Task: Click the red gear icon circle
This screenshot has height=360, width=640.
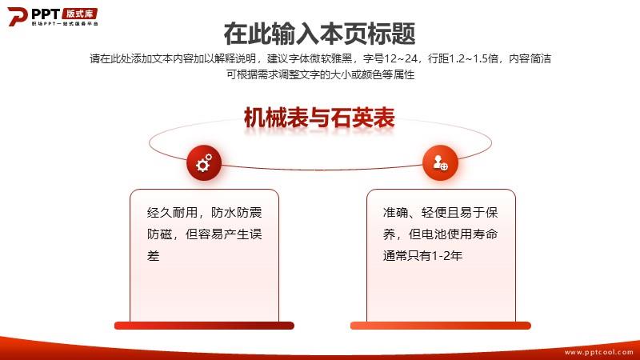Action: (204, 163)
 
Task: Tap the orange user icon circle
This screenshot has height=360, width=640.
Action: (440, 163)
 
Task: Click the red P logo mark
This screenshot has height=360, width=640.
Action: (17, 16)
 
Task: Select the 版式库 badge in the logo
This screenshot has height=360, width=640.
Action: (80, 14)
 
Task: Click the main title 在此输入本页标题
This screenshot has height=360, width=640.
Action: (319, 34)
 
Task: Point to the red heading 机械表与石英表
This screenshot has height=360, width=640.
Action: (319, 118)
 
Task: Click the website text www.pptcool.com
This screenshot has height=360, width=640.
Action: (598, 352)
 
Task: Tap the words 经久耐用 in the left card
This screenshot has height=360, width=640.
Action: (172, 213)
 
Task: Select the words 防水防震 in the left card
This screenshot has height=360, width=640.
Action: (236, 213)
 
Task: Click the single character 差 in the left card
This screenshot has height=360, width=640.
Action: (153, 256)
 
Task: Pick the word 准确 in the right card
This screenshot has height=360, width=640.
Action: (395, 213)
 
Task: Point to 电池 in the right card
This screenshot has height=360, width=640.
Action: (434, 234)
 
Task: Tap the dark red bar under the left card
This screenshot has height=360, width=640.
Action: (204, 326)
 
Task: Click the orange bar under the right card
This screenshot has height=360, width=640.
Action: (441, 326)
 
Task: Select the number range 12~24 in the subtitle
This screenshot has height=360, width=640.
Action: (401, 58)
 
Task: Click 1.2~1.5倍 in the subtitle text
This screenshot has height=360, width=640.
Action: (474, 58)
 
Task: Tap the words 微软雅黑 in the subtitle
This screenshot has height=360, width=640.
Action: (330, 58)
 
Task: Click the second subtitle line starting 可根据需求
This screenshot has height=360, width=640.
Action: (321, 74)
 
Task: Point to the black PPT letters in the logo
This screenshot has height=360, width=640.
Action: (46, 14)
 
